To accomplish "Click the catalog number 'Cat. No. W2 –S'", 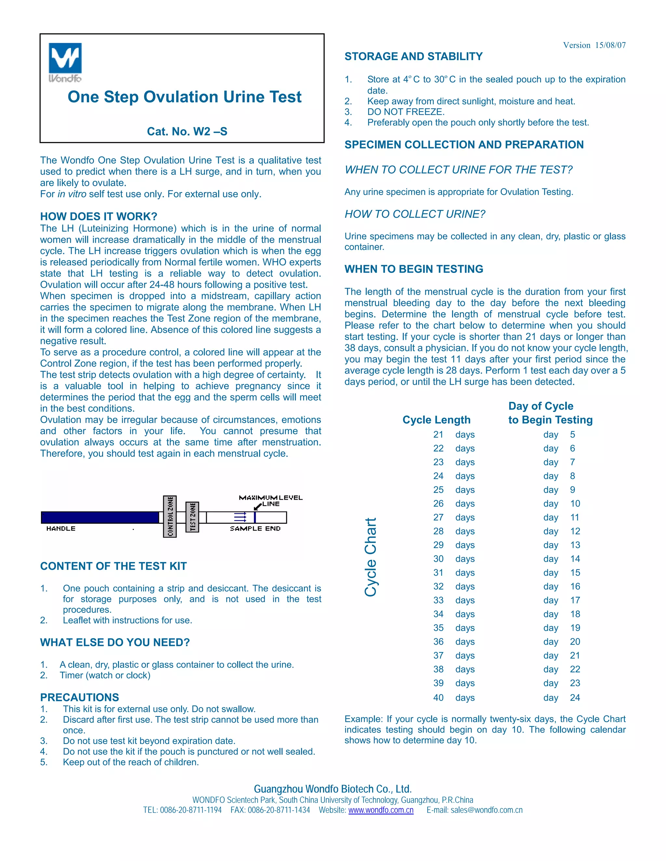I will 187,131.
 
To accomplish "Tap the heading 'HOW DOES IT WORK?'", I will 99,216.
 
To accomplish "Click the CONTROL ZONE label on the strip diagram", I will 170,517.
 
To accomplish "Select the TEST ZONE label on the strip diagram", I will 192,517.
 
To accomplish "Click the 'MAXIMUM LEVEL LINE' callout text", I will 270,500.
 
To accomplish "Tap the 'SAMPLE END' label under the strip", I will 255,529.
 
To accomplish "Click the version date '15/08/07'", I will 610,45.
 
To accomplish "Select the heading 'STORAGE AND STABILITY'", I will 414,57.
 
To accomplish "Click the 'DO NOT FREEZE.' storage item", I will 406,112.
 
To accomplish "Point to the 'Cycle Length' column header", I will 436,420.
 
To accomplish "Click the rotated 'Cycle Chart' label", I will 370,557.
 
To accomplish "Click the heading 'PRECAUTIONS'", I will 79,697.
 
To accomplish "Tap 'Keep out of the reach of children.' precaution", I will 131,762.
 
